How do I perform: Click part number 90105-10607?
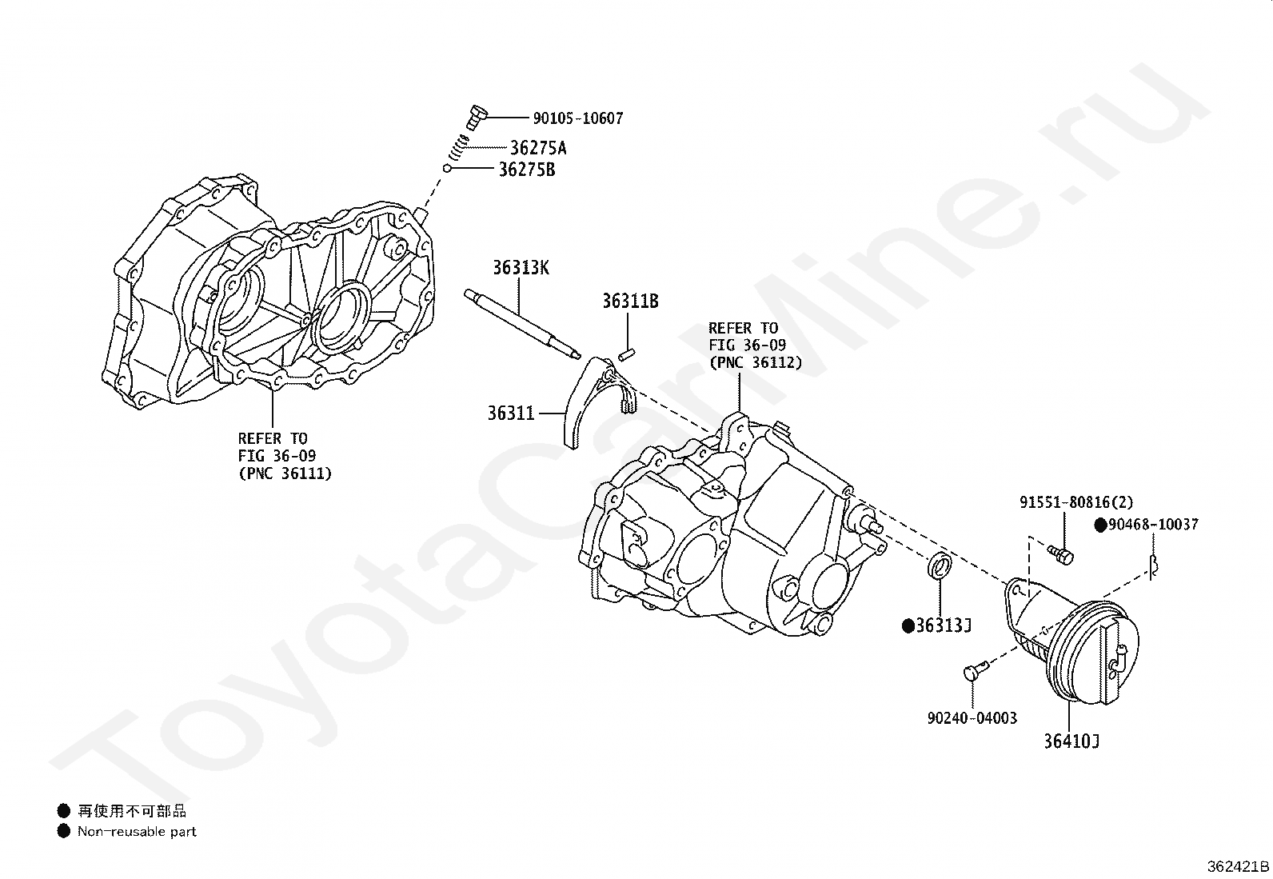pos(577,118)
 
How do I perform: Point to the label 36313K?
pos(521,268)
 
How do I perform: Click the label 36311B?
pos(630,302)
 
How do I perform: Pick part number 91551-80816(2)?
pos(1075,503)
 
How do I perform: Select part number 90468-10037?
pos(1151,525)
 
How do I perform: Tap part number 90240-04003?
pos(972,718)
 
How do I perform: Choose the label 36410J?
pos(1071,741)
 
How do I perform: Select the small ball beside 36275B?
pos(449,168)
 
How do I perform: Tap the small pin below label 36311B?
pos(627,353)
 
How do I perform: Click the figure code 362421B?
pos(1238,866)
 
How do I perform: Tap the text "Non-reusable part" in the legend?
pos(137,832)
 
